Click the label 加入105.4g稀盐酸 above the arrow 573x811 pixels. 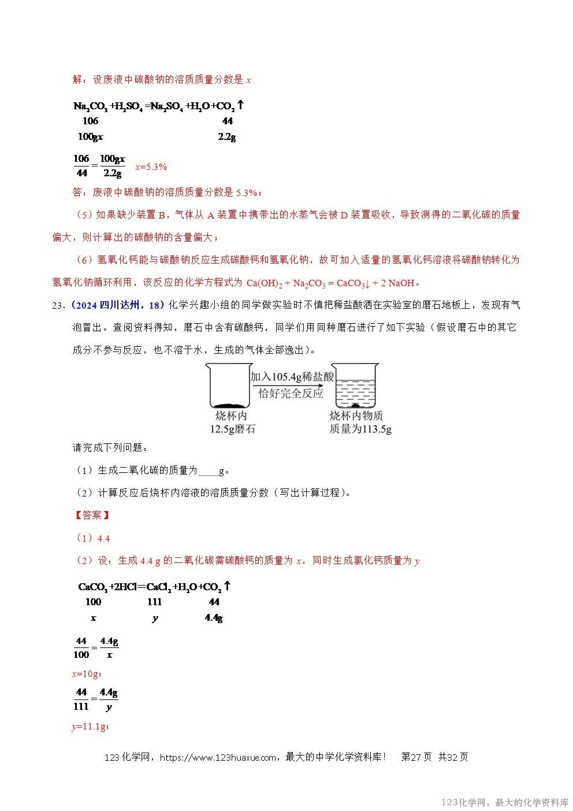pos(292,376)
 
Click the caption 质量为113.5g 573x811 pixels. pos(360,429)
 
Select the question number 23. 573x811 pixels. pos(58,305)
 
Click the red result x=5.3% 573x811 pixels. pos(151,167)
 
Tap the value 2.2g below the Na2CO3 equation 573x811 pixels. pos(226,137)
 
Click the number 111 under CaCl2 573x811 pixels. pos(154,602)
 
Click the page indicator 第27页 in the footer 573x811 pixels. pos(416,757)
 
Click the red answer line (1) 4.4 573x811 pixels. pos(93,538)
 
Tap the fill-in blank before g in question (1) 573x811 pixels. pos(208,471)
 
